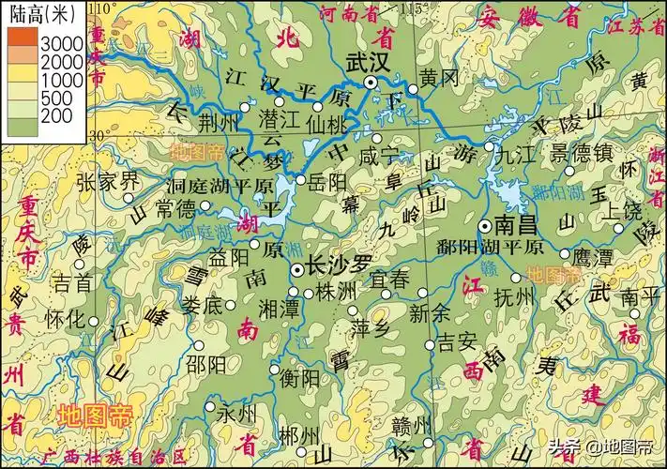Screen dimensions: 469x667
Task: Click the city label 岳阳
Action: pos(326,180)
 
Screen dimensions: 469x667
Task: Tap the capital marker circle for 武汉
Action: pos(372,83)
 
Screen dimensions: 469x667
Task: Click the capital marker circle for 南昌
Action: pos(485,226)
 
